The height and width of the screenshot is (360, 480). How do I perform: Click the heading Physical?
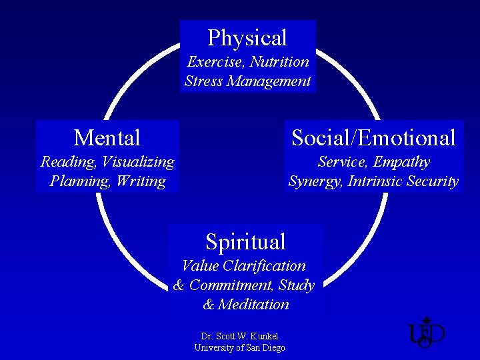[x=247, y=38]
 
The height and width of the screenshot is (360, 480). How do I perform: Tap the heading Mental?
[x=107, y=138]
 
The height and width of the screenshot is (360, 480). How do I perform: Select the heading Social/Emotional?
[x=373, y=138]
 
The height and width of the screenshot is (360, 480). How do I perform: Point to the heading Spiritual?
[x=245, y=241]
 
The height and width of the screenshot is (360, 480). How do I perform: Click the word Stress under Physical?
[x=203, y=82]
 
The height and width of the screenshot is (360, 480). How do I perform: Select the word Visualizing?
[x=138, y=162]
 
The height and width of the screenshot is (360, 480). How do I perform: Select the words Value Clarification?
[x=243, y=266]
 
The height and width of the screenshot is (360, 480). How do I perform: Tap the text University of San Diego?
[x=239, y=348]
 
